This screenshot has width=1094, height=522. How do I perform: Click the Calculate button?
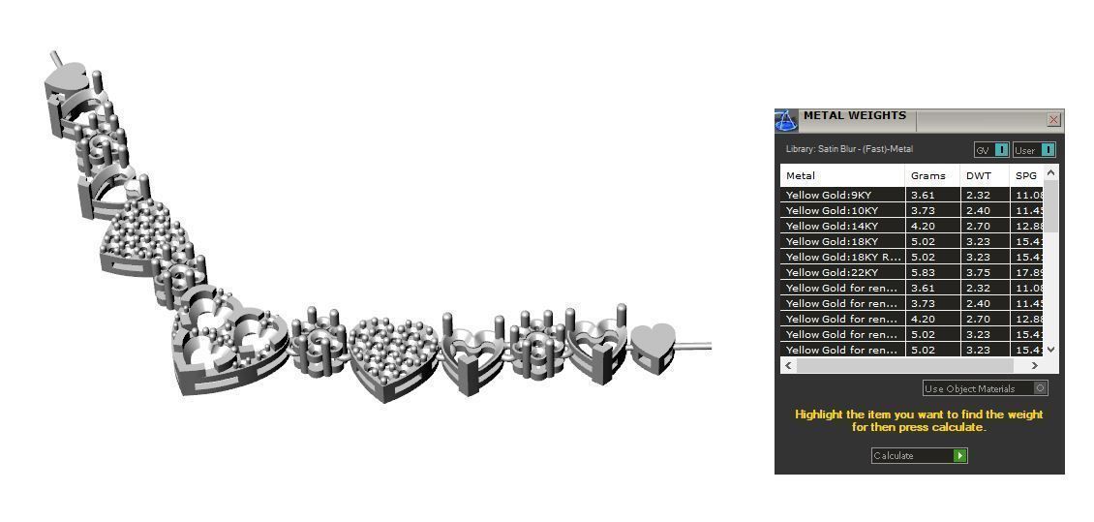point(918,455)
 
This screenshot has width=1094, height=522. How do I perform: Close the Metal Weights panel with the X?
point(1053,120)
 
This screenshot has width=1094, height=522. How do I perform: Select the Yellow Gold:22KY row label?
point(832,272)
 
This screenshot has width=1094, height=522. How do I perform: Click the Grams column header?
point(927,175)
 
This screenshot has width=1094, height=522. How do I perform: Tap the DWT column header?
point(978,175)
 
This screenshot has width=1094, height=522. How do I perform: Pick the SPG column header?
point(1025,175)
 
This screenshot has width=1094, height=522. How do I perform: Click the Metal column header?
point(801,175)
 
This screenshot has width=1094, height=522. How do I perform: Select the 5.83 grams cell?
point(922,272)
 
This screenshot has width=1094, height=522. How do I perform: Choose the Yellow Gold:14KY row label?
point(832,226)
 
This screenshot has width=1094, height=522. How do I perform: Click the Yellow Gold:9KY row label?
point(828,195)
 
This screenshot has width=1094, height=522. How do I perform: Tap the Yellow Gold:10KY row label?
point(832,210)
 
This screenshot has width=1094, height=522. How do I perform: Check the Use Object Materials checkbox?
point(1040,388)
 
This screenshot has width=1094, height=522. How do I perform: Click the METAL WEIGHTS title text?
point(854,116)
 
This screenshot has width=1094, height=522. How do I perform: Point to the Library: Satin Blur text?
point(848,149)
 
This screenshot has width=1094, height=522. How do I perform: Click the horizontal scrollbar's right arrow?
point(1034,366)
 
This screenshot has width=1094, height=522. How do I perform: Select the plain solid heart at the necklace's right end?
point(653,345)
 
